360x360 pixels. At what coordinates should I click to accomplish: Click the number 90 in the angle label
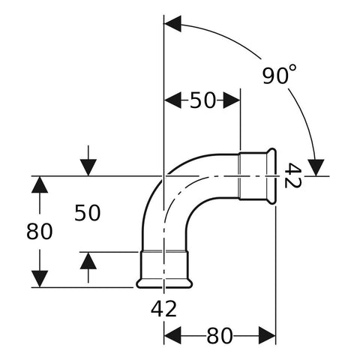276,76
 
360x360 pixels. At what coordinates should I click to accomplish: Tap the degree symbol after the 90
293,68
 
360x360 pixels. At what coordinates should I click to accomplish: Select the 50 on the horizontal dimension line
202,100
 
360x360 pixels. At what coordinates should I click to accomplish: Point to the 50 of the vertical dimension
88,213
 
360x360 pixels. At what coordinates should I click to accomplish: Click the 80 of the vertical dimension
40,232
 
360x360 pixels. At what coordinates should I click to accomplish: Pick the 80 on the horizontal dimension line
220,336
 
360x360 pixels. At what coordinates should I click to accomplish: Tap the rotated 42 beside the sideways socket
292,175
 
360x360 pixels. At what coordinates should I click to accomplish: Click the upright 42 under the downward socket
163,309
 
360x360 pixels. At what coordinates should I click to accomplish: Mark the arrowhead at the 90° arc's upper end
172,24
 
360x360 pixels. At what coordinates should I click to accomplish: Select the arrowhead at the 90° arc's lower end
316,167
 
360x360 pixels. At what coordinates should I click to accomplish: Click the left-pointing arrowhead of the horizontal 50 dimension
172,100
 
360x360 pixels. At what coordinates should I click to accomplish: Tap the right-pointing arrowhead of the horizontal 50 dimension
232,100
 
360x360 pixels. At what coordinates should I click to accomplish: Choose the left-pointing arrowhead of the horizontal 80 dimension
172,336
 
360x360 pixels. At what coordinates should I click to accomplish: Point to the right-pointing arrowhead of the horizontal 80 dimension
267,335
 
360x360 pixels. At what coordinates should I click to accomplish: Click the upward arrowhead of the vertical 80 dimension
40,184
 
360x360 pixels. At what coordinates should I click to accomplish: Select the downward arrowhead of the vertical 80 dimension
40,279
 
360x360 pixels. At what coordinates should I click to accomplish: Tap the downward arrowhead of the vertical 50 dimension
88,167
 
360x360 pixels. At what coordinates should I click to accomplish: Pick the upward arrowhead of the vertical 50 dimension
88,261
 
